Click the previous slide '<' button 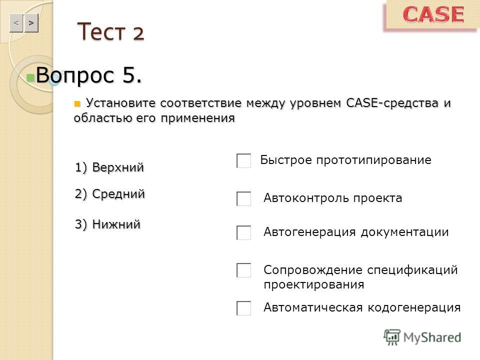(x=16, y=23)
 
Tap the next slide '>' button (x=31, y=23)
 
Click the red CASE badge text (x=433, y=14)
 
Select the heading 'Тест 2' (x=111, y=31)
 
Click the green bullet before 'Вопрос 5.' (x=30, y=78)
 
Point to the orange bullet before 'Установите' (x=77, y=104)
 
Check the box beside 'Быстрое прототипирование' (x=243, y=160)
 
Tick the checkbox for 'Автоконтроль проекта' (x=243, y=198)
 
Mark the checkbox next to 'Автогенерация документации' (x=243, y=232)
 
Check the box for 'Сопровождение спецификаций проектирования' (x=243, y=270)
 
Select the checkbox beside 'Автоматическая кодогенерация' (x=243, y=308)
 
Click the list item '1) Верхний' (x=109, y=167)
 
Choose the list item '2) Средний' (x=109, y=194)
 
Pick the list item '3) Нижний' (x=107, y=224)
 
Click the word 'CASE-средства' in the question (x=392, y=103)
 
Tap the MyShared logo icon (x=392, y=337)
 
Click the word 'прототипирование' (x=374, y=160)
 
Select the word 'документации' (x=404, y=232)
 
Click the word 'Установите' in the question (x=120, y=103)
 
